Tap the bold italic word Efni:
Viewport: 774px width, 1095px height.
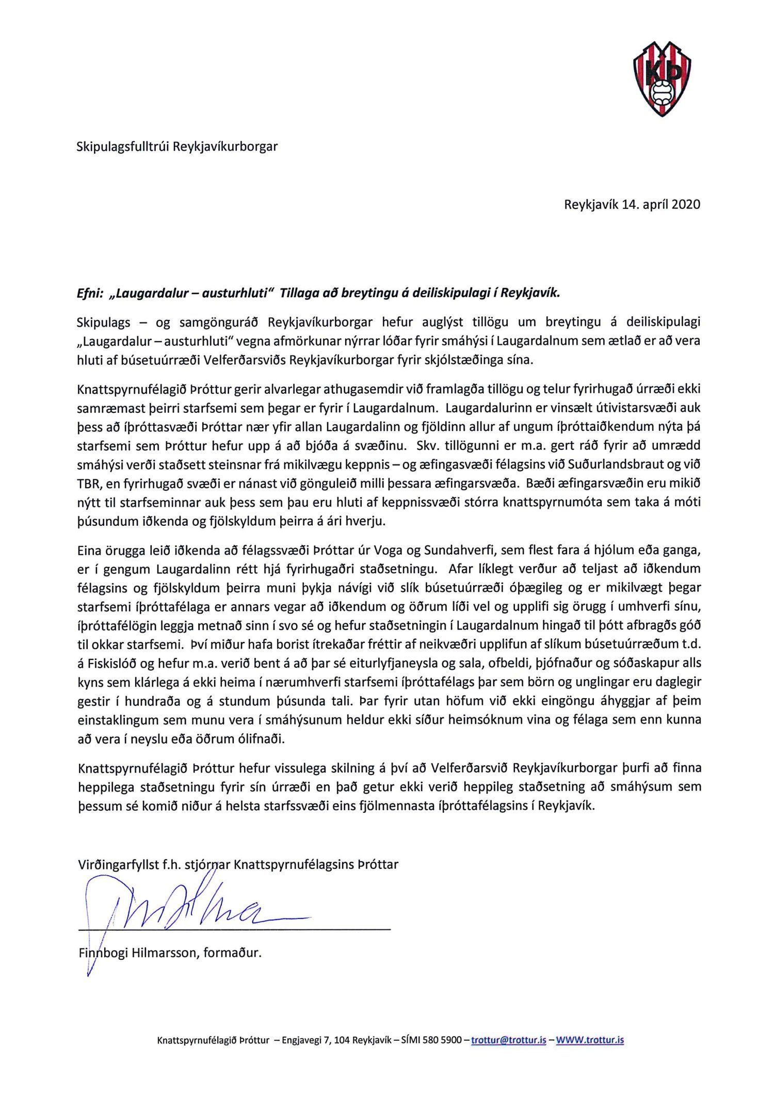[x=89, y=293]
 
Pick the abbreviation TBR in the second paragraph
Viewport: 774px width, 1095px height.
[x=88, y=484]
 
